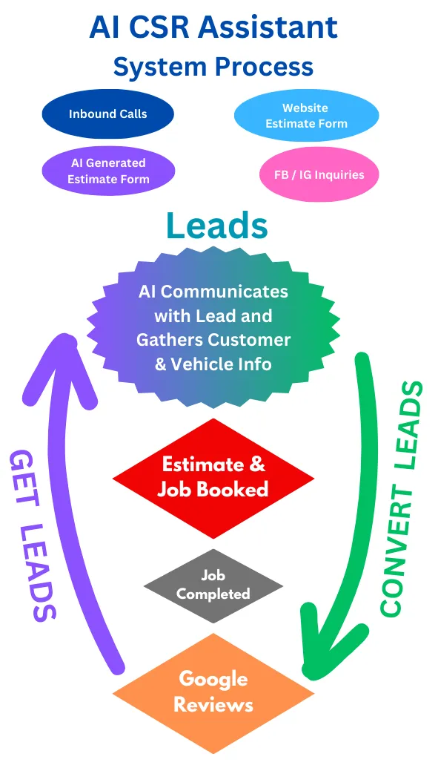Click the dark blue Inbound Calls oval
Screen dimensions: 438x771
click(107, 114)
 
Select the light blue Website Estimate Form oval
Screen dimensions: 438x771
click(306, 116)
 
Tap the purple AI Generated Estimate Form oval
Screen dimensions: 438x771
click(108, 171)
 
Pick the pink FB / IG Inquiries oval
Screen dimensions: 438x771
click(319, 174)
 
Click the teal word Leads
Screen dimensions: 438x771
click(217, 226)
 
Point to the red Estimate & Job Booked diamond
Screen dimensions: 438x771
click(213, 478)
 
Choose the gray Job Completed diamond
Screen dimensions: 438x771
click(213, 585)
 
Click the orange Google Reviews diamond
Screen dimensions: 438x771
click(213, 692)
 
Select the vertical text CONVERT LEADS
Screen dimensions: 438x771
click(401, 498)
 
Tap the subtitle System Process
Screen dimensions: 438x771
click(213, 66)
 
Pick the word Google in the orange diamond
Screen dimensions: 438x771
click(213, 680)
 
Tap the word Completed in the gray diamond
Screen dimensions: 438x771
click(213, 594)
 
